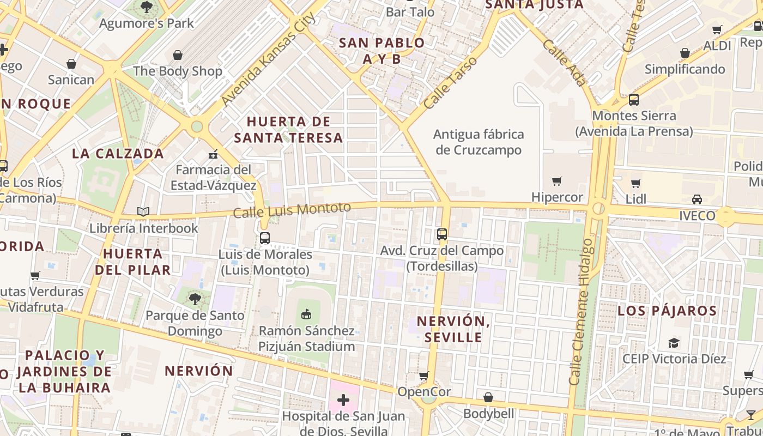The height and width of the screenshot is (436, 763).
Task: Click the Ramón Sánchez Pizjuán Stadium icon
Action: pyautogui.click(x=306, y=314)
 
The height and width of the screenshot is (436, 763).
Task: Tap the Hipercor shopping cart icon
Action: pyautogui.click(x=556, y=181)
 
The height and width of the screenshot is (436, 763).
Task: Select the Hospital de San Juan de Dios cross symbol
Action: pyautogui.click(x=343, y=401)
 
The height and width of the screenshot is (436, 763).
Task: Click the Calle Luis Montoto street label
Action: pyautogui.click(x=292, y=209)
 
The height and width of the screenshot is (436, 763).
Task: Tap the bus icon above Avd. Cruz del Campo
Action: pyautogui.click(x=442, y=234)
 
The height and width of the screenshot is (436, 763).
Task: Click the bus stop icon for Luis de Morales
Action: pyautogui.click(x=265, y=238)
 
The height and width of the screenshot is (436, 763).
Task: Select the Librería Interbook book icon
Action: pyautogui.click(x=143, y=211)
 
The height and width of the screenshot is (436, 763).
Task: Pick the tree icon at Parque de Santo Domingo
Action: pyautogui.click(x=195, y=299)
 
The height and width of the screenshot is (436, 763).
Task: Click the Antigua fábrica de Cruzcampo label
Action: pyautogui.click(x=479, y=142)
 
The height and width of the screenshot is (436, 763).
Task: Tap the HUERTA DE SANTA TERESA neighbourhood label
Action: pyautogui.click(x=288, y=129)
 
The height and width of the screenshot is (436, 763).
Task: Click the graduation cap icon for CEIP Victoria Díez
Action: pyautogui.click(x=674, y=343)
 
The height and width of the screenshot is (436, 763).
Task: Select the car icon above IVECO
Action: pyautogui.click(x=697, y=199)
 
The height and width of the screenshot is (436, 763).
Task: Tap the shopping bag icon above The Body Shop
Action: pyautogui.click(x=177, y=55)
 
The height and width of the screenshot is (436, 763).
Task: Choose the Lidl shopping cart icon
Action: pyautogui.click(x=635, y=183)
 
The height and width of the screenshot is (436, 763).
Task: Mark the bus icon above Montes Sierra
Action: pyautogui.click(x=633, y=100)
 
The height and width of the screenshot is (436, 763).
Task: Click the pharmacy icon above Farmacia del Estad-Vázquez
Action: pyautogui.click(x=213, y=154)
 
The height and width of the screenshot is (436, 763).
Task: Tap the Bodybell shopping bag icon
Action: pyautogui.click(x=488, y=397)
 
